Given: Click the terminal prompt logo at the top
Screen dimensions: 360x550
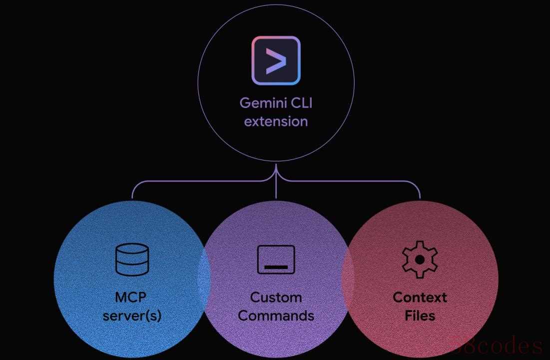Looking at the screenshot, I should pyautogui.click(x=276, y=60).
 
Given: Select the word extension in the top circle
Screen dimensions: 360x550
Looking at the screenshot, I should pyautogui.click(x=276, y=121).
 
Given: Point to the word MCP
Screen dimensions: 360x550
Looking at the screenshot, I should pyautogui.click(x=131, y=297).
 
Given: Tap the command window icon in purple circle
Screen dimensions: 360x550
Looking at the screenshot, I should pyautogui.click(x=276, y=259).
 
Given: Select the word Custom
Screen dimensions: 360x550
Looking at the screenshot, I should pyautogui.click(x=276, y=297).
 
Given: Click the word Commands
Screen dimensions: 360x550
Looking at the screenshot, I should pyautogui.click(x=276, y=316).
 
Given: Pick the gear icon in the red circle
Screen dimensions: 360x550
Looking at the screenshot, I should pyautogui.click(x=420, y=259).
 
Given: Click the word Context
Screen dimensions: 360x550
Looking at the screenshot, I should pyautogui.click(x=420, y=297).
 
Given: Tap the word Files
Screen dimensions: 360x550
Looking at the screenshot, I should pyautogui.click(x=420, y=316).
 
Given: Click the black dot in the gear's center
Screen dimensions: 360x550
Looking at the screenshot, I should pyautogui.click(x=420, y=259).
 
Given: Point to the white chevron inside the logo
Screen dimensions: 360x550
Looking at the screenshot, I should pyautogui.click(x=276, y=60).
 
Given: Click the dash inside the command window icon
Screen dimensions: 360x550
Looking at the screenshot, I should pyautogui.click(x=276, y=267).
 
